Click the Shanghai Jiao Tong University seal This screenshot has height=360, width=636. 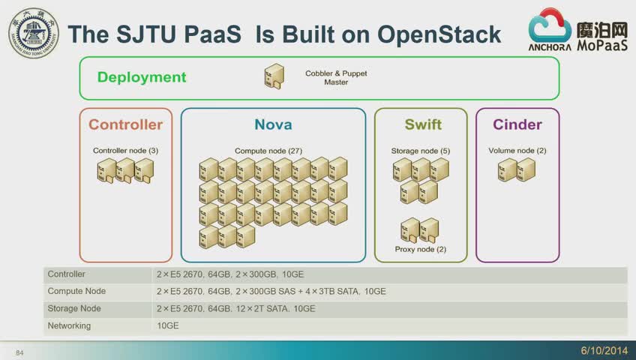(34, 33)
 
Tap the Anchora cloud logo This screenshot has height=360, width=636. (550, 29)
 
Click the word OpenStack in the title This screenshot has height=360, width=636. (439, 34)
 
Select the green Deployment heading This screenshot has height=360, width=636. (142, 77)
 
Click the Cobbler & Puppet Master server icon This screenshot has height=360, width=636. (274, 76)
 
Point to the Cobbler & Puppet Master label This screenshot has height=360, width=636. (336, 77)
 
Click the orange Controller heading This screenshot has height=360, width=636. (126, 124)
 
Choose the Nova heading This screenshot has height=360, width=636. (274, 124)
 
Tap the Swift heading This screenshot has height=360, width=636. (423, 124)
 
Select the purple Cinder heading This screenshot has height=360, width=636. (517, 124)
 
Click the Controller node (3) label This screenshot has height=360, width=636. (126, 151)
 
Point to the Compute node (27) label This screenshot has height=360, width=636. (268, 151)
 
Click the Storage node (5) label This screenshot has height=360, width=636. (421, 151)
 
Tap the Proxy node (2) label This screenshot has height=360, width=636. (421, 249)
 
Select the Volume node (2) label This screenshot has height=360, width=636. (517, 151)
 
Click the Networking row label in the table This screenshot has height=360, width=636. (69, 325)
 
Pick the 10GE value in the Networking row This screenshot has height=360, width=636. (168, 325)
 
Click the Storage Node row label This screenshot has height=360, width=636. (74, 308)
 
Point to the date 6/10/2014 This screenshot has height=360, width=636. (604, 350)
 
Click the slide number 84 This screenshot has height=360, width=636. (19, 353)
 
